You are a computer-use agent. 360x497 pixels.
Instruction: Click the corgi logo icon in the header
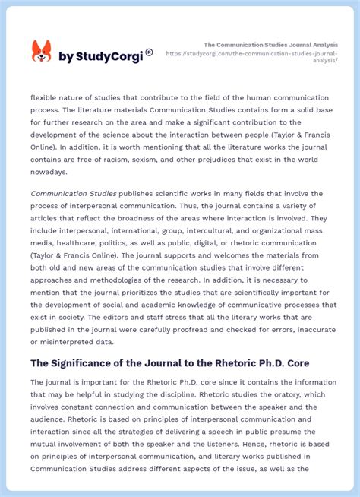click(x=41, y=52)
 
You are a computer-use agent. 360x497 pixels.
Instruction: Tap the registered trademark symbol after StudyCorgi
click(x=149, y=52)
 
